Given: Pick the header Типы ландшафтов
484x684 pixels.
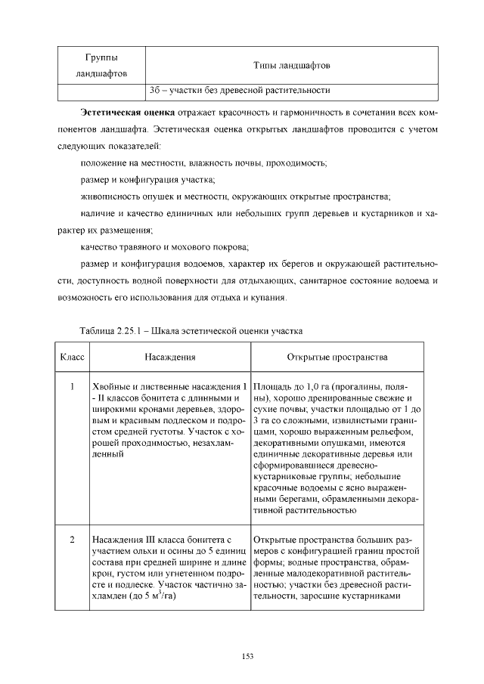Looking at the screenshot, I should click(x=291, y=67).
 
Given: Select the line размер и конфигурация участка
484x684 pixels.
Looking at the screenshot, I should click(x=147, y=179).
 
